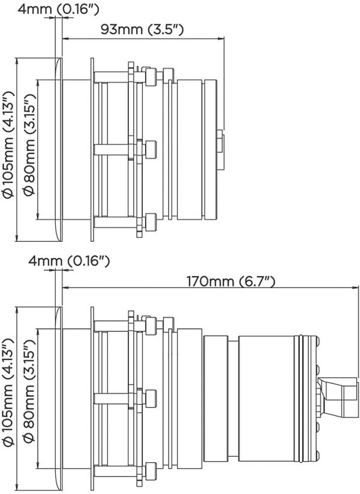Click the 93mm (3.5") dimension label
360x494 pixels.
[142, 29]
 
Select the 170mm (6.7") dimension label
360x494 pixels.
[231, 281]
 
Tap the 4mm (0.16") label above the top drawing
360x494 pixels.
[58, 9]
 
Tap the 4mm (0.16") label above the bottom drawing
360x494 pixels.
[69, 261]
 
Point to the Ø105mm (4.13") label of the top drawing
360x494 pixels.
[8, 144]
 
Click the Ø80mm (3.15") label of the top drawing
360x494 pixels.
[29, 144]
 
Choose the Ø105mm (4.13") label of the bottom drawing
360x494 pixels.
[8, 392]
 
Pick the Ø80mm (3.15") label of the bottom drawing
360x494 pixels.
[29, 392]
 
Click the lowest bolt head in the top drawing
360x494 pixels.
[151, 222]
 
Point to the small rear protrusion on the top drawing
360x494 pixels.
[220, 149]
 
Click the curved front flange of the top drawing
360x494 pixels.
[59, 149]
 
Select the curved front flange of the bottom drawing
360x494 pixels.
[59, 399]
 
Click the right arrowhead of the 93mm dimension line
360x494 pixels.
[222, 39]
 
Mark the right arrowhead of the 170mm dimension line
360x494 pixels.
[356, 287]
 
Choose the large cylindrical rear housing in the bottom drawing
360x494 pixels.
[266, 399]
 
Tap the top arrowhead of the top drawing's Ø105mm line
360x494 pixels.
[16, 61]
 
